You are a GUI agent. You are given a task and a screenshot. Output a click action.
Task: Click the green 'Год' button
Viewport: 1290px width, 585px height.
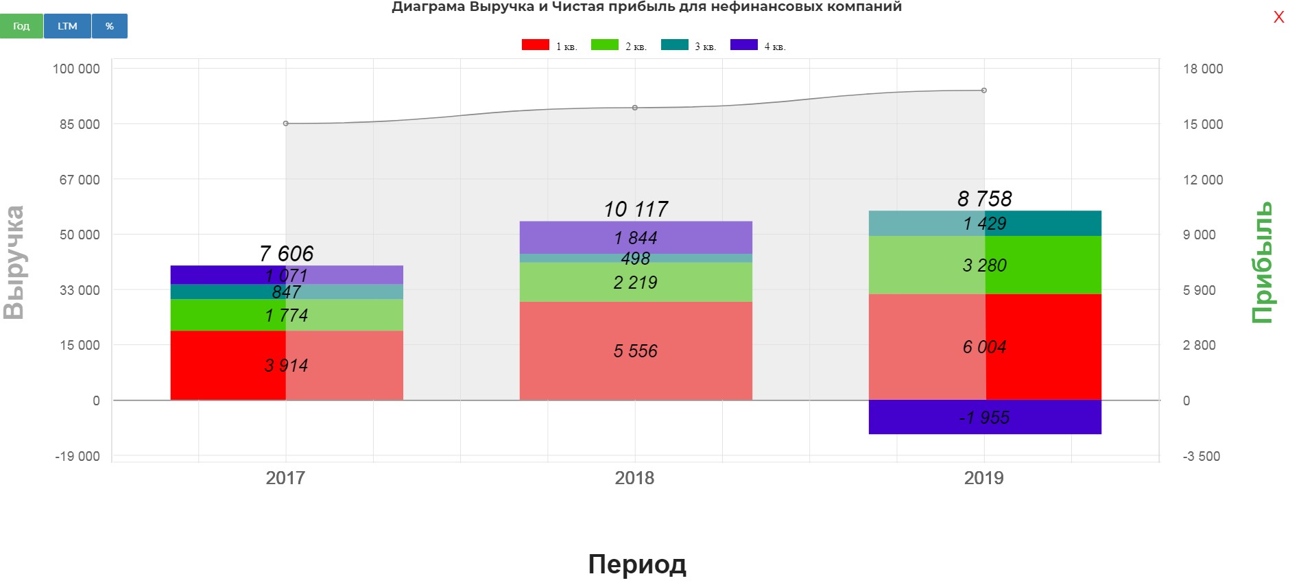pos(21,26)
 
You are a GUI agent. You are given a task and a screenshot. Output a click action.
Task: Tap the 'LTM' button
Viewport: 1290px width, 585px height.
pos(67,26)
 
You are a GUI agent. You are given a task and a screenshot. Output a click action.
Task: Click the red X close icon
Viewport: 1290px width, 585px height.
pos(1278,18)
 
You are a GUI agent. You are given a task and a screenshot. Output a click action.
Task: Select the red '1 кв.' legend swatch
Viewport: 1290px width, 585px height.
pos(535,45)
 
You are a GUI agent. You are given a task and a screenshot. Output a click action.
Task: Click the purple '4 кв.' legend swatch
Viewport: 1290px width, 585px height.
pos(743,45)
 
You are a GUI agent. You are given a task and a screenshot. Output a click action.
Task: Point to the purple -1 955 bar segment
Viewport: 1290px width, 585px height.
pos(984,417)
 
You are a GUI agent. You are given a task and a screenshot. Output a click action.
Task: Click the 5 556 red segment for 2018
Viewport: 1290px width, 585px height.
pos(635,351)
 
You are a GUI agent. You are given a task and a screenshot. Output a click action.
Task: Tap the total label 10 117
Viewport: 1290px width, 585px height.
pos(635,209)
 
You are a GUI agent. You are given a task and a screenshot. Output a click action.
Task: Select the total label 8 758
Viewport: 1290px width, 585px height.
pos(984,199)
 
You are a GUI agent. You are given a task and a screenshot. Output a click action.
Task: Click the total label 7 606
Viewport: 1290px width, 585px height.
pos(286,254)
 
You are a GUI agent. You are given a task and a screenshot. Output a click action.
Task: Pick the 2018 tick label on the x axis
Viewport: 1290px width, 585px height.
pos(634,478)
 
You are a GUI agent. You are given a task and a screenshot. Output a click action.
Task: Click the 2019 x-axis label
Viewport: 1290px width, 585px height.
pos(983,478)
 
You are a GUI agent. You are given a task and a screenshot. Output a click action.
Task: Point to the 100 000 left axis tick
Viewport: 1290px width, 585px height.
pos(76,69)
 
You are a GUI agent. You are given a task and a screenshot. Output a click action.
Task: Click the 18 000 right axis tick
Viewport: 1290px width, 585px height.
pos(1202,69)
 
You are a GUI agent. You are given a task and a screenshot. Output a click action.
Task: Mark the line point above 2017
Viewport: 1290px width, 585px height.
pos(286,123)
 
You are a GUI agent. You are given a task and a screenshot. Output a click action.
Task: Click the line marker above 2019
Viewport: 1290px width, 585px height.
pos(984,91)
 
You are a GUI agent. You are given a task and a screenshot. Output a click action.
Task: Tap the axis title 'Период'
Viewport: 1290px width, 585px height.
pos(636,564)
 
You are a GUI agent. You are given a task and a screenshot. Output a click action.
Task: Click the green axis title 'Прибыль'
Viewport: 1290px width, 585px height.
pos(1262,262)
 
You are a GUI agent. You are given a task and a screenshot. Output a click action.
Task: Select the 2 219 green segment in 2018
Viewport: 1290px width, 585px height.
pos(635,283)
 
